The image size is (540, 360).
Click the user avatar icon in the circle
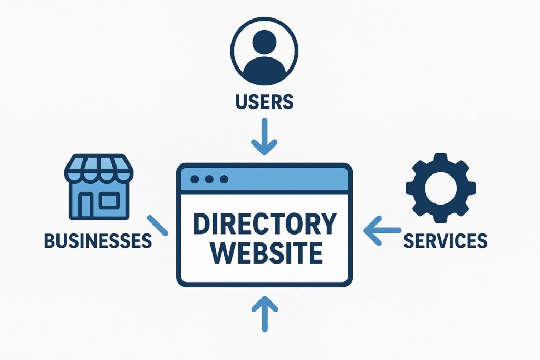point(264,53)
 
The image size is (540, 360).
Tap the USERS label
point(264,101)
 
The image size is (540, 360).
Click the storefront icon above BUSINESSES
point(99,187)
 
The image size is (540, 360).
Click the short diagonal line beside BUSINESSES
point(157,225)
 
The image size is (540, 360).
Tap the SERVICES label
point(445,240)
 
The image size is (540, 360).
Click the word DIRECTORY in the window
point(264,224)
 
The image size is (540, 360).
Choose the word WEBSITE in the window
point(264,254)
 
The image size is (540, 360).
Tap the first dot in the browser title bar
point(195,179)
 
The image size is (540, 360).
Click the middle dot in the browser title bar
point(209,179)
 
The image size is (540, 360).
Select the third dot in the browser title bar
point(224,179)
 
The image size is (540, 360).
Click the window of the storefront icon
point(110,200)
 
